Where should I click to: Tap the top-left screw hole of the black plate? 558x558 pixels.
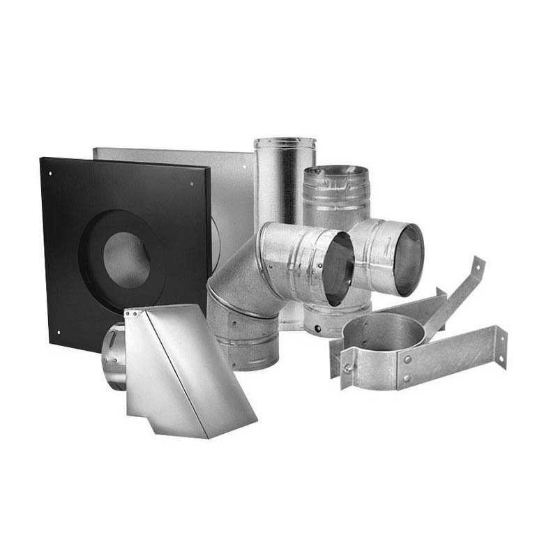(x=50, y=169)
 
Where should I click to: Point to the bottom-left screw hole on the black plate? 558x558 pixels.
(x=59, y=332)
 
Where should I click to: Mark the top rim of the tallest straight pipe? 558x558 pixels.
(x=285, y=142)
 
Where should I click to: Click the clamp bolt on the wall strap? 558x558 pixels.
(x=345, y=368)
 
